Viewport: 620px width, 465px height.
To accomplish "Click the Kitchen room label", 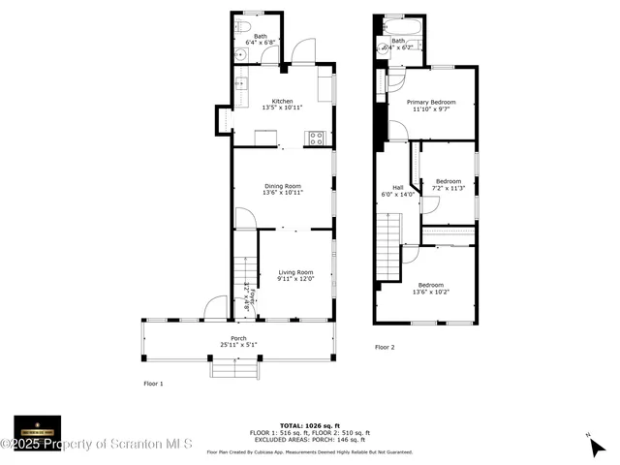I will click(x=282, y=101).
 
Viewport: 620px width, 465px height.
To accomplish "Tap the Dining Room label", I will click(x=283, y=185).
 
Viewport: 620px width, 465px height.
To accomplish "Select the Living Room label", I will click(x=295, y=272).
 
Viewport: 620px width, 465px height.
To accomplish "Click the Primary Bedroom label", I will click(x=431, y=102).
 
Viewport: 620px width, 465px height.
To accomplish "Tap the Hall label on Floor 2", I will click(x=397, y=187).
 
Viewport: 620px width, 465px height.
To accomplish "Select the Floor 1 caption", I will click(x=153, y=384).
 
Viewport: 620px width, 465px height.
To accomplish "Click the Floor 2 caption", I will click(x=386, y=346).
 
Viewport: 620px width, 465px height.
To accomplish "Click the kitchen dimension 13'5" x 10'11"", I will click(x=282, y=108).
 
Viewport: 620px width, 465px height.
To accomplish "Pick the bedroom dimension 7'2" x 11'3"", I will click(x=449, y=188).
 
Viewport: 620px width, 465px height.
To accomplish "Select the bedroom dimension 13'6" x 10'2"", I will click(x=431, y=292).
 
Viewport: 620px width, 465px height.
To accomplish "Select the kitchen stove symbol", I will click(x=316, y=138).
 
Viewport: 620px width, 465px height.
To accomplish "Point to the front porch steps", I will click(x=236, y=368).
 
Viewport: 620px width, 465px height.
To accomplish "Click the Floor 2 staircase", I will click(x=388, y=247).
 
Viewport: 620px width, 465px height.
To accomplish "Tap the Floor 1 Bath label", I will click(x=261, y=36).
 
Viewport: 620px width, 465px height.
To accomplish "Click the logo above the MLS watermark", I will click(x=37, y=427).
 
